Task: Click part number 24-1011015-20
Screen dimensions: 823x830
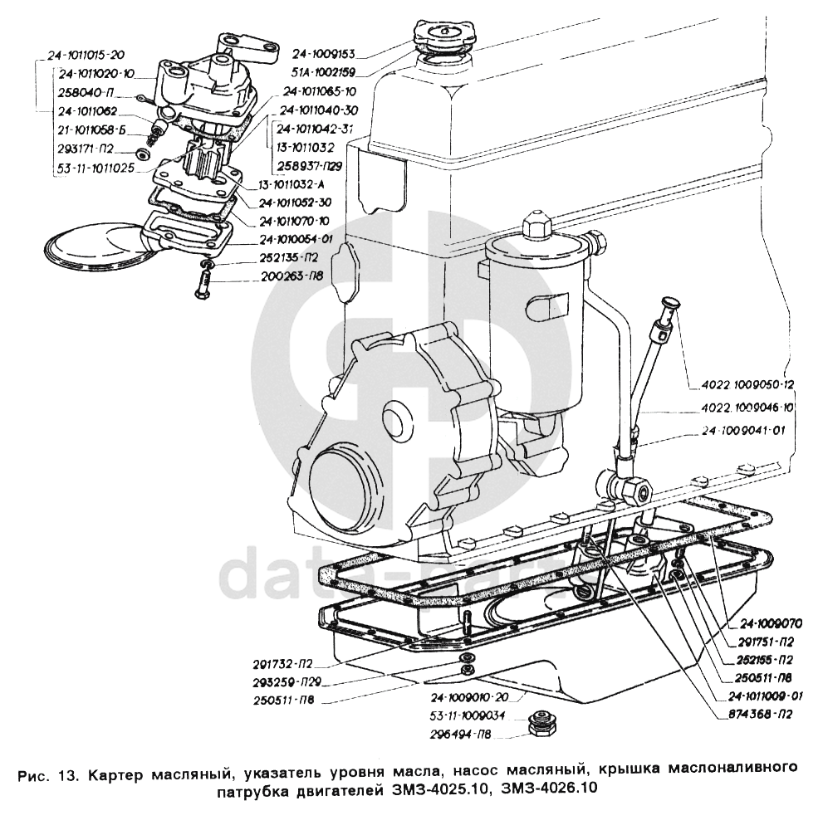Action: (86, 55)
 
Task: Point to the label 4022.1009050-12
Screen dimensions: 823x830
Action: (747, 384)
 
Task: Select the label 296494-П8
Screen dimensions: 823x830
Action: (461, 735)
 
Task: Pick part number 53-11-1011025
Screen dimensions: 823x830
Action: (96, 168)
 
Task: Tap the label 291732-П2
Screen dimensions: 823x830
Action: (283, 664)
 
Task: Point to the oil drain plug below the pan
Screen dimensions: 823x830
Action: (541, 724)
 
